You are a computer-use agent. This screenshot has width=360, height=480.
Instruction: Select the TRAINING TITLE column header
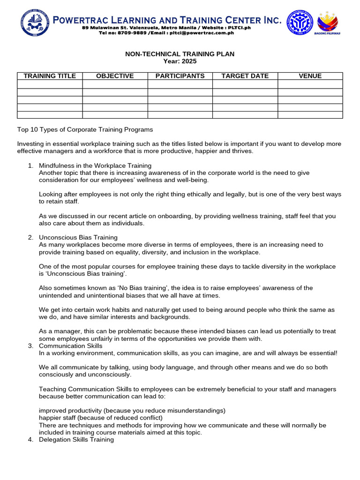click(x=50, y=76)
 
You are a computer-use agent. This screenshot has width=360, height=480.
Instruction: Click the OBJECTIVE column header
click(x=115, y=76)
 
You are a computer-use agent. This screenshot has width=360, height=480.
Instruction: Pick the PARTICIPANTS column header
click(x=180, y=76)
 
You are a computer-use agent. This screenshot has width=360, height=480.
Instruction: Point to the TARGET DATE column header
click(x=245, y=76)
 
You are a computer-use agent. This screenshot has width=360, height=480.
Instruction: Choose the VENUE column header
click(x=310, y=76)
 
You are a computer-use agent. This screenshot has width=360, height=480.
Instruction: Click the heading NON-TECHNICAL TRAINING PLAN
click(x=180, y=54)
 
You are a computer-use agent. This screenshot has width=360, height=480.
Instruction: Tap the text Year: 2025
click(x=180, y=61)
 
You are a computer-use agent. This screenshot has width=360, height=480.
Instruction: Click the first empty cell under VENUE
click(x=310, y=84)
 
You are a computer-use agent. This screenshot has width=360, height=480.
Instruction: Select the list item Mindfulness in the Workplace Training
click(x=95, y=165)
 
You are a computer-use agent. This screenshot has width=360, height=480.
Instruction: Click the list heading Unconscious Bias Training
click(x=78, y=237)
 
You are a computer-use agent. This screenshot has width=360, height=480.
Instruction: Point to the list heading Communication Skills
click(x=70, y=345)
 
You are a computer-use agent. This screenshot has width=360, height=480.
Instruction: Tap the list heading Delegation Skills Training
click(x=76, y=439)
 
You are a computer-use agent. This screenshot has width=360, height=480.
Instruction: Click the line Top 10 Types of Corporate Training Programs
click(x=85, y=129)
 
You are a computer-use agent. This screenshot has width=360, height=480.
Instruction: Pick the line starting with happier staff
click(x=101, y=418)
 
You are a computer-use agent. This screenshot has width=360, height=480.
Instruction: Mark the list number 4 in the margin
click(x=30, y=439)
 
